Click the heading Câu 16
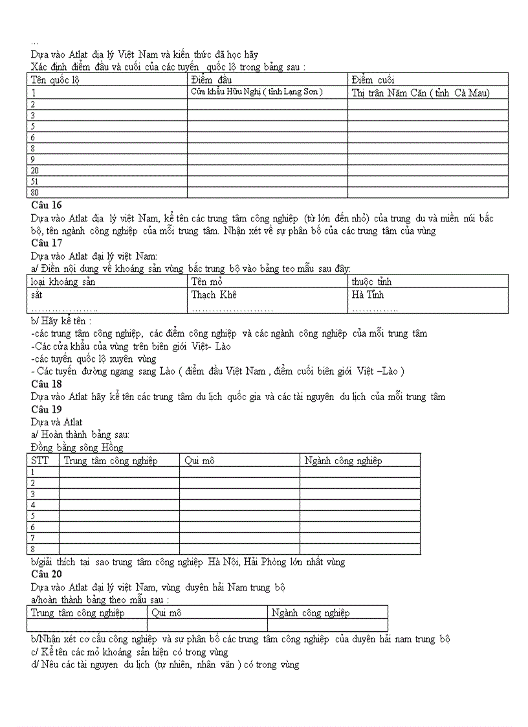46,205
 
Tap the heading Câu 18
46,384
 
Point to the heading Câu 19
46,409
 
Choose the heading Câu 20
46,574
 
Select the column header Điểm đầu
211,80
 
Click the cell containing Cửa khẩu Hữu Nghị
256,92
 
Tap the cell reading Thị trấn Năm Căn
421,93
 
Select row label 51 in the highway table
35,182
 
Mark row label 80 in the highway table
35,192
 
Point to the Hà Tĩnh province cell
368,295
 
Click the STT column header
39,461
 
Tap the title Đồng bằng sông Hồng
76,447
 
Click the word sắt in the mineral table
36,295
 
